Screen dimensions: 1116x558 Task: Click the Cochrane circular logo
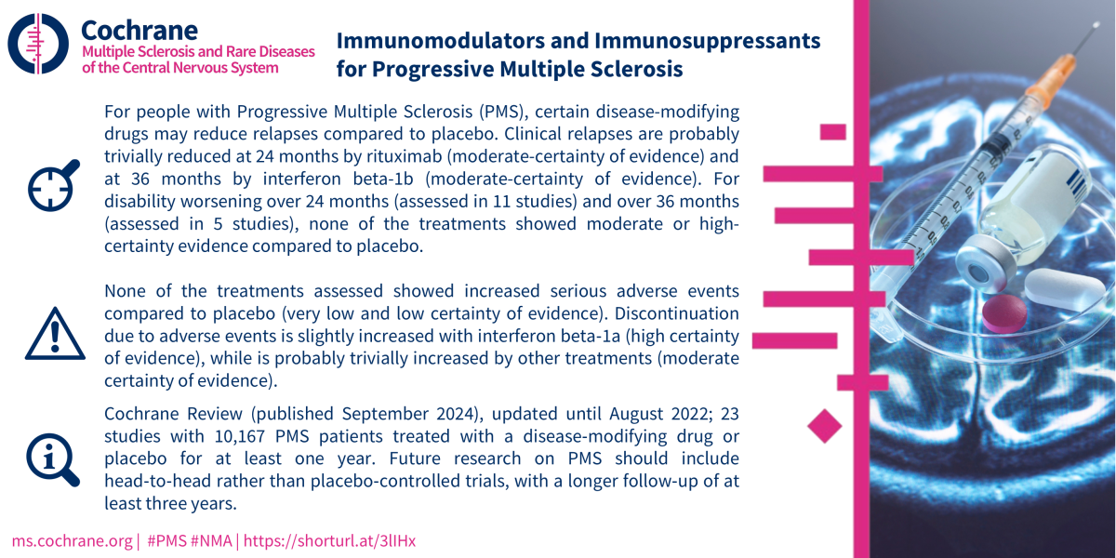38,44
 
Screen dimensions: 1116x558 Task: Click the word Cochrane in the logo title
139,31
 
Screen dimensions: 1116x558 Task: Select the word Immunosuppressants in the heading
707,42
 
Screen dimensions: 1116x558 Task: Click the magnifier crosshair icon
53,186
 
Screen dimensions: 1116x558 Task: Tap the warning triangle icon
55,333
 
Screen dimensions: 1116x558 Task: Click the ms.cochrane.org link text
72,541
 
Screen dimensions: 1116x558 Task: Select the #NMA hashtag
211,541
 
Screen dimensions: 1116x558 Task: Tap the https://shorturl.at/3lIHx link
329,541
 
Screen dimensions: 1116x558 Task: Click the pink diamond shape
825,426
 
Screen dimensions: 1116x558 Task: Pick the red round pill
1004,313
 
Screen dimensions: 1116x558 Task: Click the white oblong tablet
1065,290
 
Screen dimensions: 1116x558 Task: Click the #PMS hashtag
166,541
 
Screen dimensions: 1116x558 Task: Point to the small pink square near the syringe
833,132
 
